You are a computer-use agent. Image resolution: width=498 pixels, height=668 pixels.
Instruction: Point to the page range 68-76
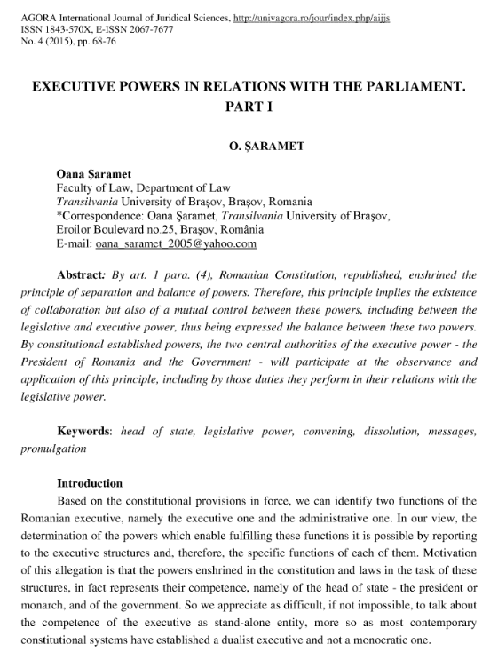point(87,41)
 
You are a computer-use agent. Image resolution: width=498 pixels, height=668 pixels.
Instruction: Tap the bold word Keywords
point(84,430)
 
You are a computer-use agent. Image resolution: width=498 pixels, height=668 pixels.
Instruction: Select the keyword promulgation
point(54,448)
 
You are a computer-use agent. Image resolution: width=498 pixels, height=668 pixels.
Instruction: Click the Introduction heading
point(90,483)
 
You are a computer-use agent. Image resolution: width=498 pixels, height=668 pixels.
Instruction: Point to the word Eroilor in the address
point(75,229)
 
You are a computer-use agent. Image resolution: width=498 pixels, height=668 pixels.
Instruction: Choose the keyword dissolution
point(384,431)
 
